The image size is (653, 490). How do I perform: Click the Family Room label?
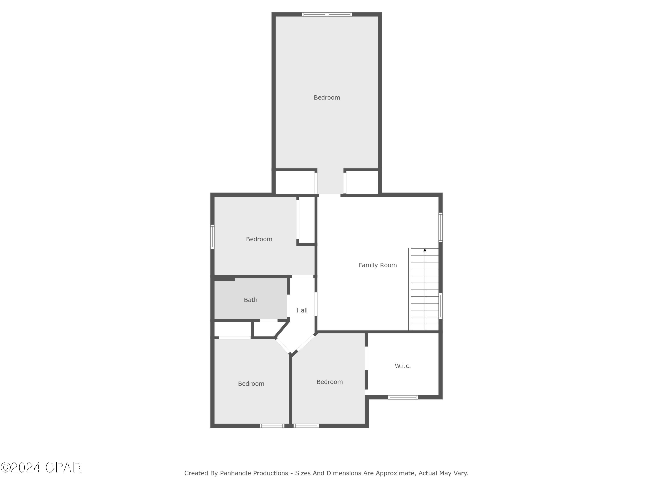click(378, 265)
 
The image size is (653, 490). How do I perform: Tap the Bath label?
click(250, 300)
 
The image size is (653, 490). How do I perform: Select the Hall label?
click(302, 310)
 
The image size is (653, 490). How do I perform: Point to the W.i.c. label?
click(403, 366)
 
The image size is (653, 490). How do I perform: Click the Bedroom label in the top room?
click(326, 98)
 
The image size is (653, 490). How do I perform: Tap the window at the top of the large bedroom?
click(327, 14)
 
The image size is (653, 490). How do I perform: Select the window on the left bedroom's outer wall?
click(212, 237)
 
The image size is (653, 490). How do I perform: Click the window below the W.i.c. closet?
click(403, 397)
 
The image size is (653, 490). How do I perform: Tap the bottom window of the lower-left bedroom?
click(272, 426)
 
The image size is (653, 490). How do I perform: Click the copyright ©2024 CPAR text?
click(41, 468)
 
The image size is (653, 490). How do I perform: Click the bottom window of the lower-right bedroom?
click(306, 426)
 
